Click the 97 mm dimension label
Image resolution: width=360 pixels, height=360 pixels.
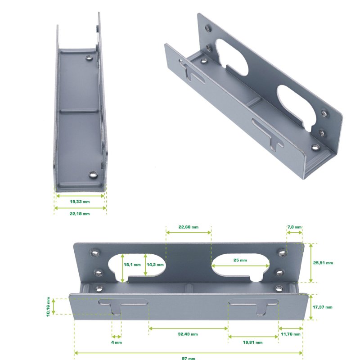189,358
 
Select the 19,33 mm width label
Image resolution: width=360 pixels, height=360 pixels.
80,202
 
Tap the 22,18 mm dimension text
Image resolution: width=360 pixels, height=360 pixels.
80,214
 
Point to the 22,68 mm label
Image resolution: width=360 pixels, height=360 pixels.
189,227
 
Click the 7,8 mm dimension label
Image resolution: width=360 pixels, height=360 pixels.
295,227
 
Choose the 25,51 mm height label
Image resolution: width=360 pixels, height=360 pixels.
323,262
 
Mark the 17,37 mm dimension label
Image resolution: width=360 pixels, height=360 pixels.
323,307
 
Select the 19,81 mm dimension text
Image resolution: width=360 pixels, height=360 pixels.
252,342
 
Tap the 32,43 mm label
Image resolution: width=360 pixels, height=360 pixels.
188,334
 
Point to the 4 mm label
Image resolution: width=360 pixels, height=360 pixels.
116,342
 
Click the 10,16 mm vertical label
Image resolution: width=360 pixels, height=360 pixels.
48,307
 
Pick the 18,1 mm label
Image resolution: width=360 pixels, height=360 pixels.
132,265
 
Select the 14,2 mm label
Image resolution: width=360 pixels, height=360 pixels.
155,265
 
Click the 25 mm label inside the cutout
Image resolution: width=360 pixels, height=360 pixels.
240,261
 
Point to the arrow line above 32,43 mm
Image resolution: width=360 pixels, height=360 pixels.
188,328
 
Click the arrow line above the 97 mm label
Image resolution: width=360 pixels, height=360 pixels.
189,352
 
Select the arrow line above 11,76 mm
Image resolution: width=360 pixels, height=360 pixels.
290,328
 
